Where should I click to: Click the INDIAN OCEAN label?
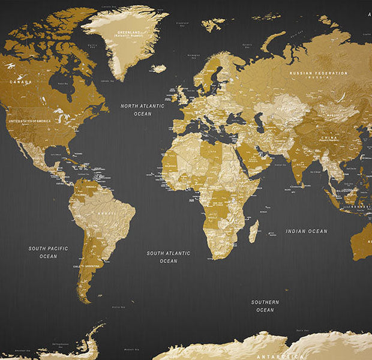pyautogui.click(x=306, y=231)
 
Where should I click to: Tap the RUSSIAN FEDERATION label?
pyautogui.click(x=318, y=74)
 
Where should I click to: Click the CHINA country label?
pyautogui.click(x=328, y=137)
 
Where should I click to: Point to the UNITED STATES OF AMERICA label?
pyautogui.click(x=37, y=121)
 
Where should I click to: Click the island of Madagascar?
pyautogui.click(x=254, y=230)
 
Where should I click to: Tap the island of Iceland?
pyautogui.click(x=158, y=68)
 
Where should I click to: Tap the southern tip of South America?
pyautogui.click(x=89, y=300)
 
